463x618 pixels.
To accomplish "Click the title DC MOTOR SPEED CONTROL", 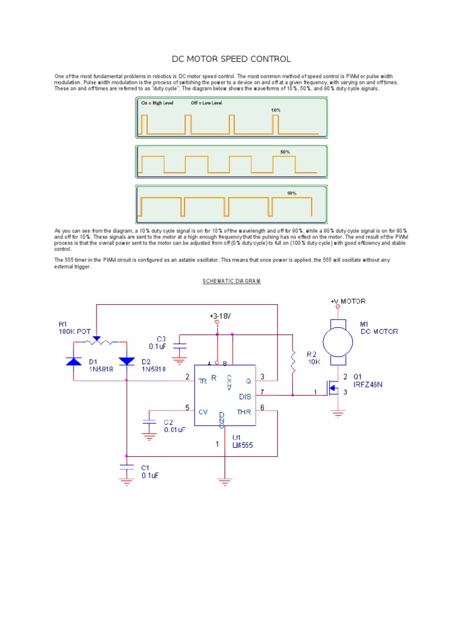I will pos(231,59).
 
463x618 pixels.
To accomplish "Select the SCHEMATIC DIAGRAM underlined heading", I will pos(231,281).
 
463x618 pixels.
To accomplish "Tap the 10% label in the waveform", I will pos(276,110).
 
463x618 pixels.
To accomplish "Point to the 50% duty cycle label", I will pos(285,152).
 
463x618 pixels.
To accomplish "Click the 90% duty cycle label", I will pos(291,193).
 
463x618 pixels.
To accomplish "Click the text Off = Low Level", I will pos(206,103).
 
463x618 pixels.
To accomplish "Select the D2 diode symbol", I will pos(127,362).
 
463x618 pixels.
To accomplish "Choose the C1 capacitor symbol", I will pos(127,468).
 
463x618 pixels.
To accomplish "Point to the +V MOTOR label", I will pos(347,301).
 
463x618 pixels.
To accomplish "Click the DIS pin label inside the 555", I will pos(245,397).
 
